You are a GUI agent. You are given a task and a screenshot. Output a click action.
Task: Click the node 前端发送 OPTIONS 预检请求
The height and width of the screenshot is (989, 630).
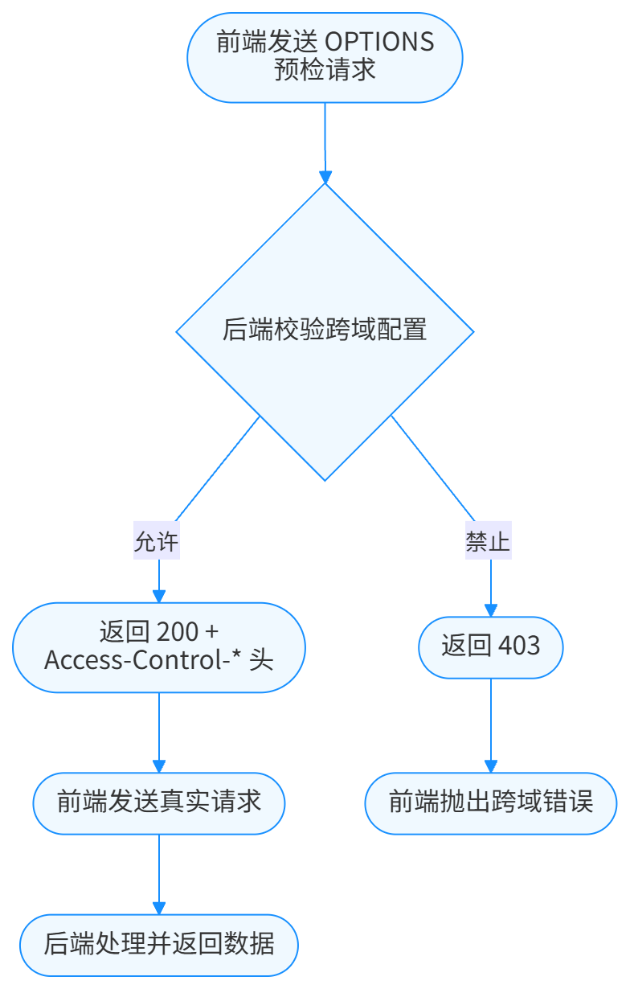[x=325, y=56]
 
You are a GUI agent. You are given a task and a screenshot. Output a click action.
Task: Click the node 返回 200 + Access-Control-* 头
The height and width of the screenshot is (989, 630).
[x=159, y=646]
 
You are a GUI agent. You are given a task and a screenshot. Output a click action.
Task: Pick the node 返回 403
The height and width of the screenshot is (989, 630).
[x=490, y=646]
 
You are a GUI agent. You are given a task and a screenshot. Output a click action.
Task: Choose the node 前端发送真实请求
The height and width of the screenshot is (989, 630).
[x=159, y=802]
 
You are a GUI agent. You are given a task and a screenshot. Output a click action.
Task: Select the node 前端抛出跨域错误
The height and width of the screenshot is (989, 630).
[x=490, y=802]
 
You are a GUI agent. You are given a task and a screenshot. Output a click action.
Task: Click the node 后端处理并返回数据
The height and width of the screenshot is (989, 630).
[x=159, y=942]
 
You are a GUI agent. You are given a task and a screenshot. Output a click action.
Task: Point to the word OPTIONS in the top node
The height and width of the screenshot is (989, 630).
[x=379, y=43]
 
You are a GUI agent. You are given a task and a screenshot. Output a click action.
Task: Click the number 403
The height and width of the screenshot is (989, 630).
[x=519, y=646]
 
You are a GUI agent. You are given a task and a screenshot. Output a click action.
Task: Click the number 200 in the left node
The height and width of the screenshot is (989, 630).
[x=178, y=632]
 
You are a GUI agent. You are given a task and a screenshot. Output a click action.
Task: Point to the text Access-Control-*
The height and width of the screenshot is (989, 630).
[x=144, y=661]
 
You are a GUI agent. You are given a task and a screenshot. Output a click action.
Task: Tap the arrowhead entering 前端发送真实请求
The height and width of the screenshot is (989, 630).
[x=159, y=766]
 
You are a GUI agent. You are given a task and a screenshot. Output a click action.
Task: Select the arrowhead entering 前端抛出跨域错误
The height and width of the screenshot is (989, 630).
[x=490, y=766]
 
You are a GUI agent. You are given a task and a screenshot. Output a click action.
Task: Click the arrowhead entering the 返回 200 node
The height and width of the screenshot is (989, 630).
[x=159, y=596]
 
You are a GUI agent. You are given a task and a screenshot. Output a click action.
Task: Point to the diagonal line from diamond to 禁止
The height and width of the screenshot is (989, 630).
[x=434, y=468]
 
